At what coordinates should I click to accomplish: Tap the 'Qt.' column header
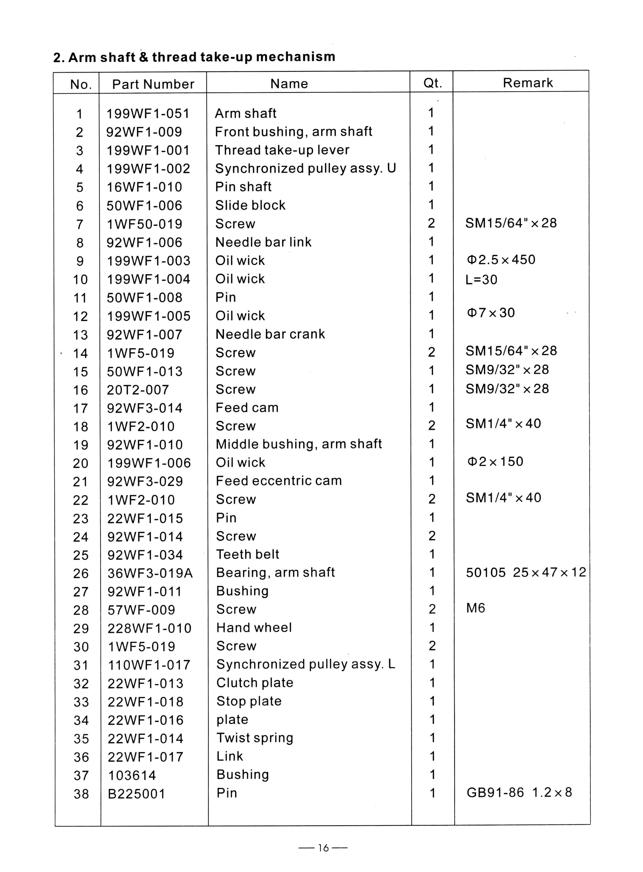[x=432, y=83]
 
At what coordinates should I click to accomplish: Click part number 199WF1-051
[x=148, y=113]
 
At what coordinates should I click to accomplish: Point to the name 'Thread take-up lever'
[x=282, y=150]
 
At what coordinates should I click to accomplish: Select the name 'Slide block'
[x=250, y=205]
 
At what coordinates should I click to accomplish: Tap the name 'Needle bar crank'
[x=270, y=334]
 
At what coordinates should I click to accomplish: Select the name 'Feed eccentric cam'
[x=279, y=481]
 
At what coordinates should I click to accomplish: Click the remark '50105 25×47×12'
[x=526, y=572]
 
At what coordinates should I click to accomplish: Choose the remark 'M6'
[x=476, y=608]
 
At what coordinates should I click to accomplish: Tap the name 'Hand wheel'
[x=254, y=628]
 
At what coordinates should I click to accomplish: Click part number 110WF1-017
[x=149, y=665]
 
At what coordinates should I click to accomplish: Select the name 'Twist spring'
[x=255, y=738]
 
